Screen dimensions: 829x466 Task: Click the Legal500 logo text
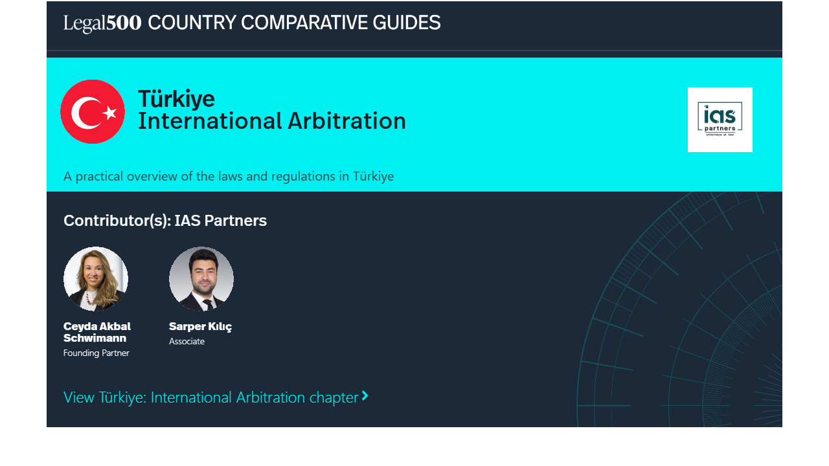[x=102, y=23]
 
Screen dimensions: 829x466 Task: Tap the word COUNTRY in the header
[x=192, y=23]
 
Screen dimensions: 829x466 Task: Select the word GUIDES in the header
[x=406, y=23]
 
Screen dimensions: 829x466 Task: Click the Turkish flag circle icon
[x=93, y=112]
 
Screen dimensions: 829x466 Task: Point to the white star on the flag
[x=110, y=113]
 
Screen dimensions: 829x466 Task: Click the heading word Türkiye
[x=177, y=99]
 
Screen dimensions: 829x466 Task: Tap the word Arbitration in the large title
[x=346, y=121]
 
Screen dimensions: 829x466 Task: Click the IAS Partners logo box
[x=720, y=120]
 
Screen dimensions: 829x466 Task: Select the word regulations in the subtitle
[x=304, y=177]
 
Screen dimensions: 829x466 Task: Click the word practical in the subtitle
[x=99, y=177]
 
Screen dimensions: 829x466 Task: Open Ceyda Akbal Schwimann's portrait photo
[x=96, y=279]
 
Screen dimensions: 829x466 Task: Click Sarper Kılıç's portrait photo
[x=201, y=279]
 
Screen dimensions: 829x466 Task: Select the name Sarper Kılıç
[x=200, y=327]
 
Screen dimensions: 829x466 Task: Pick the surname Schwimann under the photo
[x=95, y=338]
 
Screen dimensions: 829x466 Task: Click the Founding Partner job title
[x=97, y=353]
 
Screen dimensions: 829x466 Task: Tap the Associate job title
[x=187, y=341]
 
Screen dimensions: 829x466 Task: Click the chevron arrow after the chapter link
[x=365, y=395]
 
